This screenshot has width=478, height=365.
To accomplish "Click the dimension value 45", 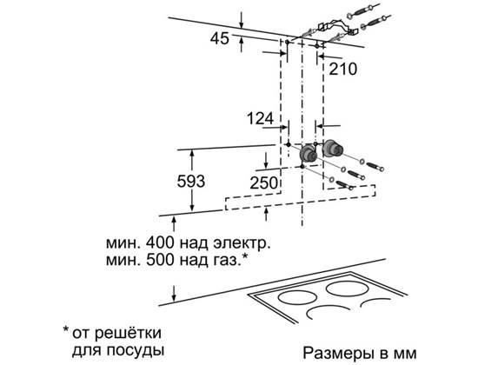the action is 220,39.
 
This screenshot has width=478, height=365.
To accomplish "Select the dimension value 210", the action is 343,69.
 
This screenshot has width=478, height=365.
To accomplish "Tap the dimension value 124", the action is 260,118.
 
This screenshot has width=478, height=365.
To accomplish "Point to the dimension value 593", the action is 191,182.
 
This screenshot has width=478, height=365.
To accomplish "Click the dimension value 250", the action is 263,183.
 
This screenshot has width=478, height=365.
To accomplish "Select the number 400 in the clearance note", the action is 160,243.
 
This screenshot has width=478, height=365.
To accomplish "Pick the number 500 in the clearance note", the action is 160,260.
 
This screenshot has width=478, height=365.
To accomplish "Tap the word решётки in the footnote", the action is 116,333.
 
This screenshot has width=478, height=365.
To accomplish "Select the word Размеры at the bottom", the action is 338,354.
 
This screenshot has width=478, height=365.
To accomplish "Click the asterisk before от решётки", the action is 65,329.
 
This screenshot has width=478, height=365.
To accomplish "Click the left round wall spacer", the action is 308,155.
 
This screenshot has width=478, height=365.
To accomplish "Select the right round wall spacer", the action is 333,149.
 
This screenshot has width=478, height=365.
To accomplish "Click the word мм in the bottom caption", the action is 405,354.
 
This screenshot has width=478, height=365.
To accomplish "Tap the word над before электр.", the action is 194,243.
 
